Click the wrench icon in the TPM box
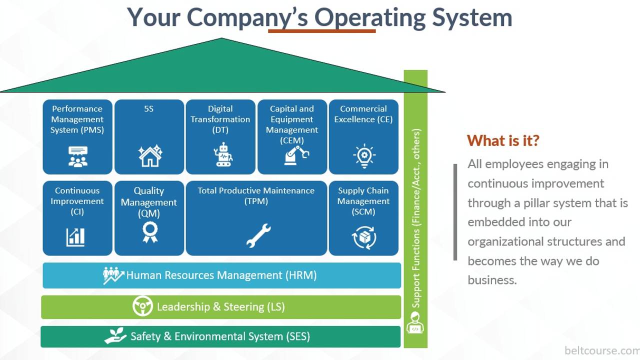pos(258,235)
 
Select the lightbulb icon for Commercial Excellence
pos(364,155)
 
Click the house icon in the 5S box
pos(150,155)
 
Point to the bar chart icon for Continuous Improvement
pos(75,236)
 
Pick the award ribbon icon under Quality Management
pos(149,232)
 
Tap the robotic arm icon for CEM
pos(296,155)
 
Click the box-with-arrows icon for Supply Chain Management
pos(364,237)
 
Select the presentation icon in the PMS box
pos(77,156)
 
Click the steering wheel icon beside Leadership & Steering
pos(142,306)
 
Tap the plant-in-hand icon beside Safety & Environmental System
pos(115,336)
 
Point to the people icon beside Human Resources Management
pos(113,275)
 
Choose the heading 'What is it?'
pos(503,140)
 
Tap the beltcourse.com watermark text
pos(601,350)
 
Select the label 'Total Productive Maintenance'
pos(256,190)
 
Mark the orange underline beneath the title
pos(321,31)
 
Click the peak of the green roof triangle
pos(221,39)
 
